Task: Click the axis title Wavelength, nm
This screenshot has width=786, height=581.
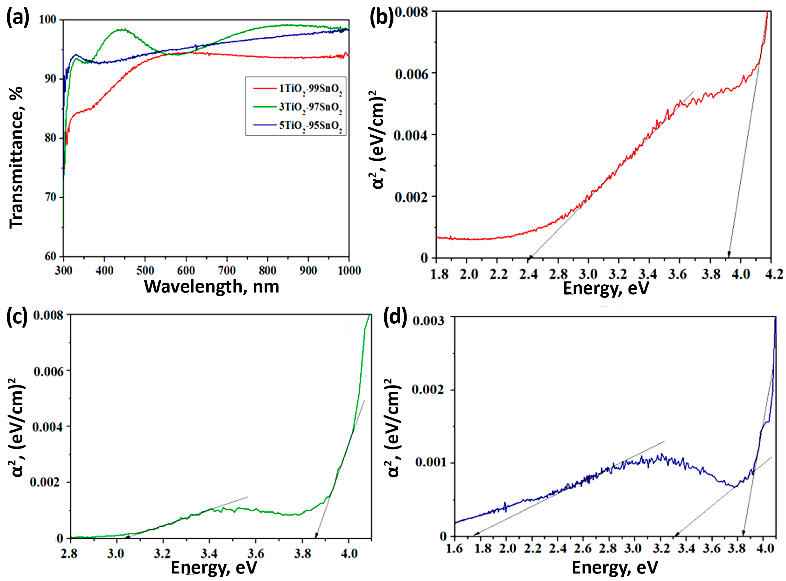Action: click(211, 287)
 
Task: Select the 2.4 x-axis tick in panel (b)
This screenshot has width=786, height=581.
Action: click(528, 274)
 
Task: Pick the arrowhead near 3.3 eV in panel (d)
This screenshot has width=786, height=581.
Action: click(676, 535)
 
